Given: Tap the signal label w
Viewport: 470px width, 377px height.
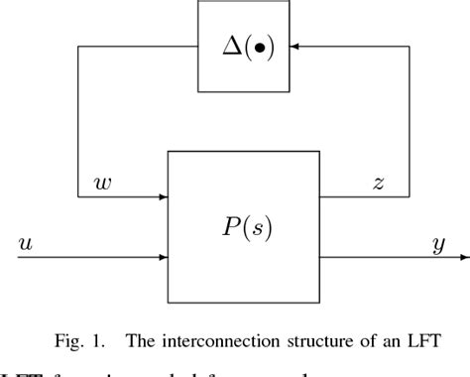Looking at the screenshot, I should click(x=101, y=183).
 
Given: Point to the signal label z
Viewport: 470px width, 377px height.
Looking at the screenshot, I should click(x=378, y=183).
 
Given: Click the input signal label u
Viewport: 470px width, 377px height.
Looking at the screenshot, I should click(x=27, y=244).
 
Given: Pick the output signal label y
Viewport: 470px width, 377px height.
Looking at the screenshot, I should click(x=438, y=244).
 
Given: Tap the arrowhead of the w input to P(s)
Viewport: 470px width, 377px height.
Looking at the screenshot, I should click(x=163, y=196).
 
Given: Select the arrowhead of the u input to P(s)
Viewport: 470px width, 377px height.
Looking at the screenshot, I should click(x=163, y=257).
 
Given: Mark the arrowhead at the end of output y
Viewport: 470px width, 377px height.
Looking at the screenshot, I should click(x=463, y=257).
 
